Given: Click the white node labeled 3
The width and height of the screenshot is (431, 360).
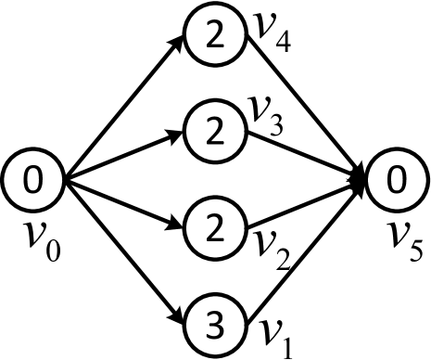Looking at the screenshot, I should click(215, 326).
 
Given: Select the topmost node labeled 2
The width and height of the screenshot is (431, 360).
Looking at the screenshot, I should click(215, 34).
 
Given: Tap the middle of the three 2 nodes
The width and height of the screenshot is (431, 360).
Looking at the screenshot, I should click(215, 132).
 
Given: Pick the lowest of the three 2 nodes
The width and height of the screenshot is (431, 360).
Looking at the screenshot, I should click(215, 228).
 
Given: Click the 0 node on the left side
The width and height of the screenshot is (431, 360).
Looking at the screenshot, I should click(32, 180).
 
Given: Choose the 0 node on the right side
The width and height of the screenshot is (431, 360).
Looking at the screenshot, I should click(397, 180).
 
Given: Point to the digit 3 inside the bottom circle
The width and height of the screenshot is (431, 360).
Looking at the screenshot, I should click(215, 326).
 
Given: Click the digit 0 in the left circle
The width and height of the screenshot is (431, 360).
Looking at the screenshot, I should click(32, 180).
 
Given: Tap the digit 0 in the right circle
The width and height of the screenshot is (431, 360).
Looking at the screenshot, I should click(397, 180).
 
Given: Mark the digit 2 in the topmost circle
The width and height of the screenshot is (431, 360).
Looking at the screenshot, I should click(215, 34).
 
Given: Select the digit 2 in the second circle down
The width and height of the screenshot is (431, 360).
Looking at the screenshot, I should click(215, 132).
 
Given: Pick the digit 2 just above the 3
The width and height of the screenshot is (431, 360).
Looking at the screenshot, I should click(215, 228).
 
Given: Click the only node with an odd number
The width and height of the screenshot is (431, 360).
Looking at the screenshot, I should click(215, 326).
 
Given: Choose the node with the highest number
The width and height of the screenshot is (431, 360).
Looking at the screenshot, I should click(215, 326).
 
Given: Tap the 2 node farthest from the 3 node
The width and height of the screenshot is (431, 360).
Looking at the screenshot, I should click(215, 34).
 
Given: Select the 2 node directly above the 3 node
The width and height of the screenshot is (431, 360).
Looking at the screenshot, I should click(215, 228).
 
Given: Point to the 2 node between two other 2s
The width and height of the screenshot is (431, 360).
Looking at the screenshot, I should click(215, 132).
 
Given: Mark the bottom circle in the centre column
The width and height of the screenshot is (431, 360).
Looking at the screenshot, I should click(215, 326).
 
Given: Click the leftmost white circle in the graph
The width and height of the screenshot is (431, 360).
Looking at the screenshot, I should click(32, 180).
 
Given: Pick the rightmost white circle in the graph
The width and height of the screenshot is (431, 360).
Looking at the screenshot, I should click(397, 180).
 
